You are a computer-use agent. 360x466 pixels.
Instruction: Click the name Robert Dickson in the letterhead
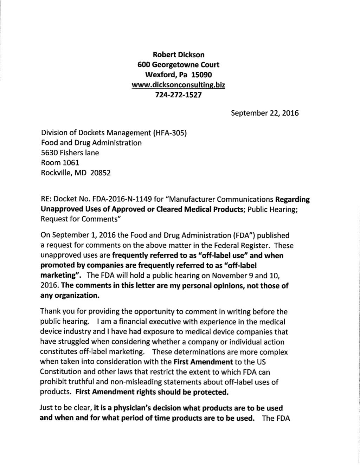tap(178, 54)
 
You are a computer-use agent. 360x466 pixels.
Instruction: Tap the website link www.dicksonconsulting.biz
tap(178, 85)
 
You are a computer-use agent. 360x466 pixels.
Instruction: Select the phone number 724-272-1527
tap(178, 95)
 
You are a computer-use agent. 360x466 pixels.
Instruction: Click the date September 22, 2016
tap(264, 113)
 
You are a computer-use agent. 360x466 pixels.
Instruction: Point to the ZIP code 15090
tap(202, 75)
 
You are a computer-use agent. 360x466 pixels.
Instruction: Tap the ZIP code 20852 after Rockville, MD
tap(101, 173)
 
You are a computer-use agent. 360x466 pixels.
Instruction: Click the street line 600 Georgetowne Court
tap(178, 65)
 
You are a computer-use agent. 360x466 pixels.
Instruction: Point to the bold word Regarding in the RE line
tap(292, 200)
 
